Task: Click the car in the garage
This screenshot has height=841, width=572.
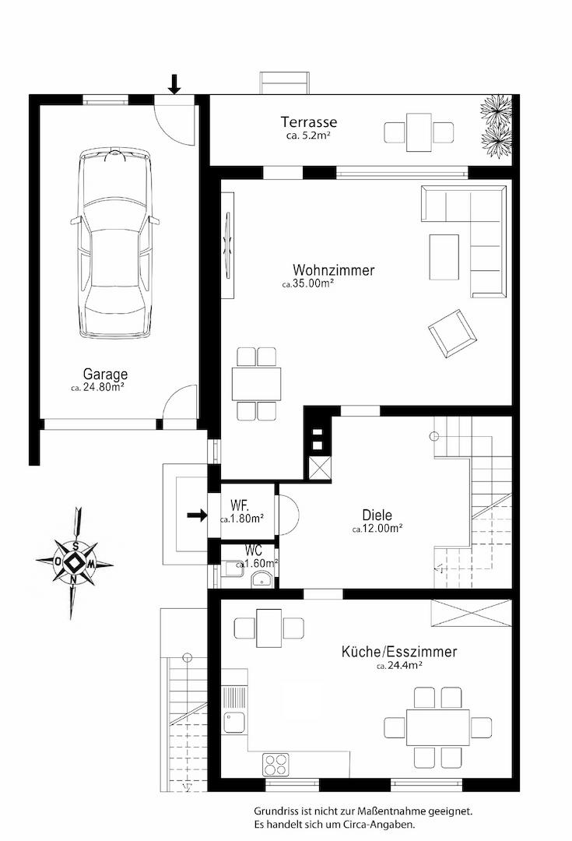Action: click(114, 244)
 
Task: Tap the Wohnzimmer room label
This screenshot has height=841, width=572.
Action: click(333, 269)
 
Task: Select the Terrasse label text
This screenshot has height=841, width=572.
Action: click(309, 121)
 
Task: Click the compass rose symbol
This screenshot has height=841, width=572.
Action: click(75, 563)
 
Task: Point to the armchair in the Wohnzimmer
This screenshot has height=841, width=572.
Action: click(452, 333)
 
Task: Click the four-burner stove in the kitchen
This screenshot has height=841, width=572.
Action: click(275, 765)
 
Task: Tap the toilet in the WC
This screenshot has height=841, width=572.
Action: click(261, 579)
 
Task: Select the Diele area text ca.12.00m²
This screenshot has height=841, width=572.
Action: click(377, 528)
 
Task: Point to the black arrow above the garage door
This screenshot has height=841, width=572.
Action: click(174, 84)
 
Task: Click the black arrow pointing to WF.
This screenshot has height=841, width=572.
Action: click(197, 516)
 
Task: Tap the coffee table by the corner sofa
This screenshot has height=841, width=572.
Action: click(444, 257)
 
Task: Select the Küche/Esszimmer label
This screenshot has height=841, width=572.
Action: click(399, 652)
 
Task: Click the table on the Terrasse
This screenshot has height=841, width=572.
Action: click(419, 132)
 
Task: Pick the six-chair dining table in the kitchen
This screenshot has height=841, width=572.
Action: click(437, 727)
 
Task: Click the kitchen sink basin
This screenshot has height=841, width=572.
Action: click(233, 722)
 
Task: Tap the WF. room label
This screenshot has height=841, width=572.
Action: click(239, 505)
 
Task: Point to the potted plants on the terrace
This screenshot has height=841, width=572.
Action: click(497, 127)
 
